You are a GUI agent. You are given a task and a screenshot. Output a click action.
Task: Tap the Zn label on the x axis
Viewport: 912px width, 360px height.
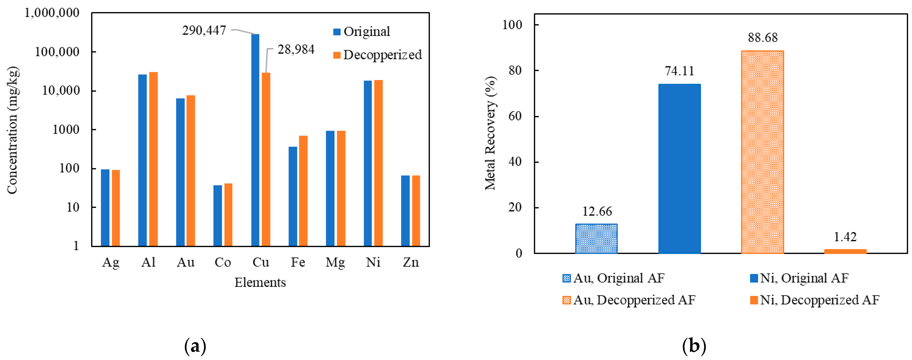(x=411, y=262)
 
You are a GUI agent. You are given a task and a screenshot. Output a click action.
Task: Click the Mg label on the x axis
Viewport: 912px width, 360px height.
(x=335, y=262)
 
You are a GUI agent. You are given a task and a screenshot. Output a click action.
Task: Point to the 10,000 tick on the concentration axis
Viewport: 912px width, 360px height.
(x=61, y=91)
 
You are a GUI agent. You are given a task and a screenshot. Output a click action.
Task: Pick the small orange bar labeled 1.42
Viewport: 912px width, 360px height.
(x=845, y=251)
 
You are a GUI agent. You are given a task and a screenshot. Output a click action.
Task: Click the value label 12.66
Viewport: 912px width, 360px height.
(x=597, y=211)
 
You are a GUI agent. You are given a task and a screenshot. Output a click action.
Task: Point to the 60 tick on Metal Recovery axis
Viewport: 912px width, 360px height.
(x=515, y=116)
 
